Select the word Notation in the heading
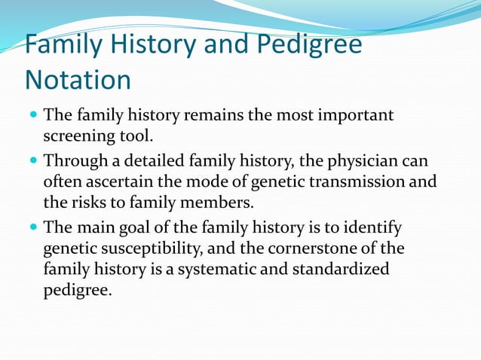pos(78,79)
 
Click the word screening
pos(78,137)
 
